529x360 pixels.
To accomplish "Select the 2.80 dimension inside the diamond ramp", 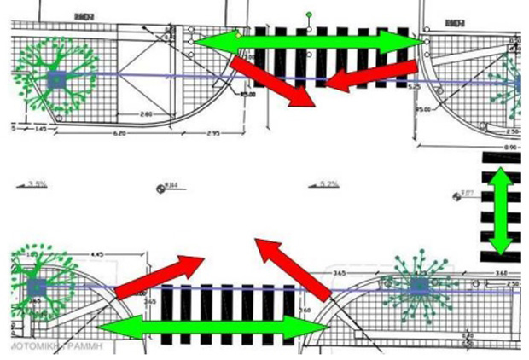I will tap(148, 113).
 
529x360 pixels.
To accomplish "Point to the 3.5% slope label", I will tap(37, 183).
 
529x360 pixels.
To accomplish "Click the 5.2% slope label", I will tap(328, 183).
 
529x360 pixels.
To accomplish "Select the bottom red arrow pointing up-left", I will tap(294, 268).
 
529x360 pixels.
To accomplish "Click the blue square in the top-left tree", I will tap(56, 80).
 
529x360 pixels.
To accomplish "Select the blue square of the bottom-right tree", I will tap(418, 286).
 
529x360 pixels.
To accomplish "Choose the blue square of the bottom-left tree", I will tap(36, 287).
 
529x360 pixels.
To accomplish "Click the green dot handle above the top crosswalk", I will tap(309, 15).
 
